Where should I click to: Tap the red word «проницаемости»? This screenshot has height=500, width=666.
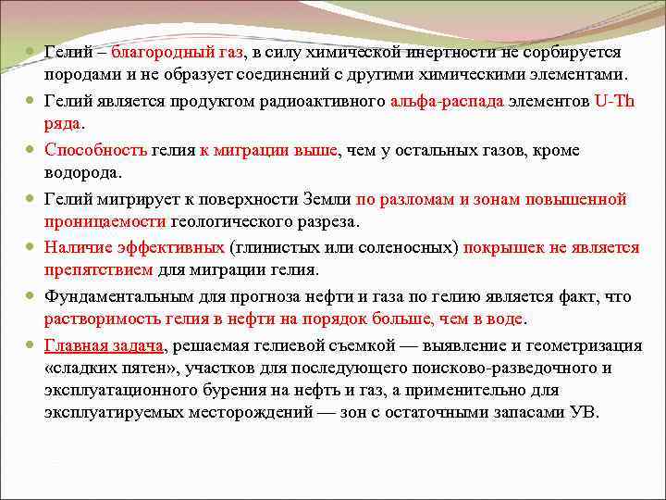tap(105, 222)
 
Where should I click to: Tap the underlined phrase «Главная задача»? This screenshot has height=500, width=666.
tap(104, 344)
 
